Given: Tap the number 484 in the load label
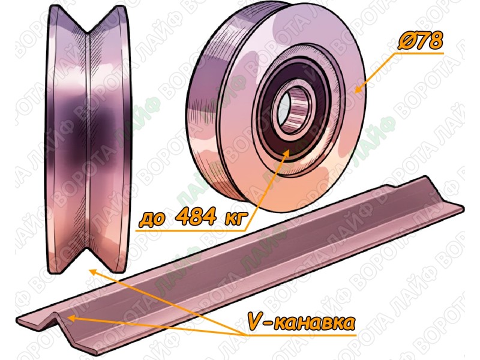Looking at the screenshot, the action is point(197,217).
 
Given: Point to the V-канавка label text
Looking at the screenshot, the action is point(301,322).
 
